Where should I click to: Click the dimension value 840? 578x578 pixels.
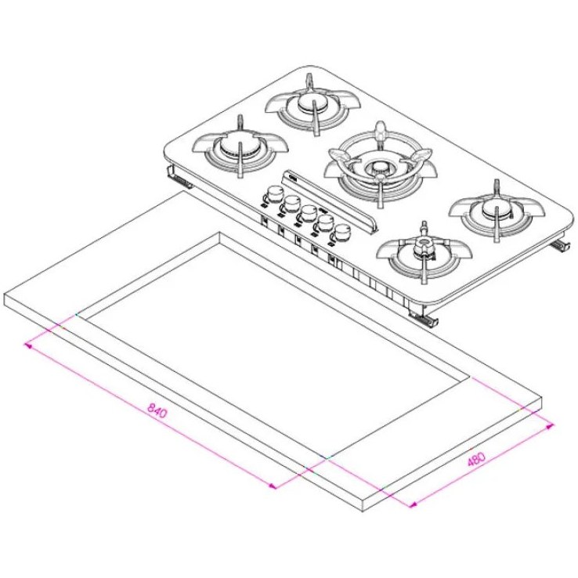pos(157,410)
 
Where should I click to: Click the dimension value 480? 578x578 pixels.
pos(477,458)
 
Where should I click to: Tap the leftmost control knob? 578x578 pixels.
pos(273,193)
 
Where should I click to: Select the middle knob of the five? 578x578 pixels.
pos(308,212)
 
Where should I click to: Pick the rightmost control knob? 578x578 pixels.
pos(342,233)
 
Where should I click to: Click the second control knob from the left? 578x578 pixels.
pos(291,202)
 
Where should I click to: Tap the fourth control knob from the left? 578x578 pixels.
pos(325,222)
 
